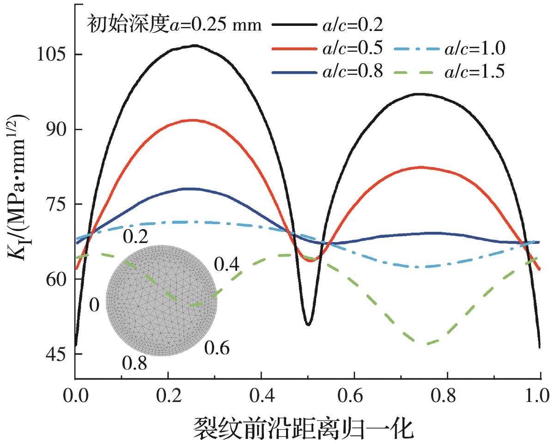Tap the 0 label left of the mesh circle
pos(94,305)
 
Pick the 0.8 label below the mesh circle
pos(134,363)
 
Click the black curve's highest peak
pos(195,45)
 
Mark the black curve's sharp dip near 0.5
pos(308,324)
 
